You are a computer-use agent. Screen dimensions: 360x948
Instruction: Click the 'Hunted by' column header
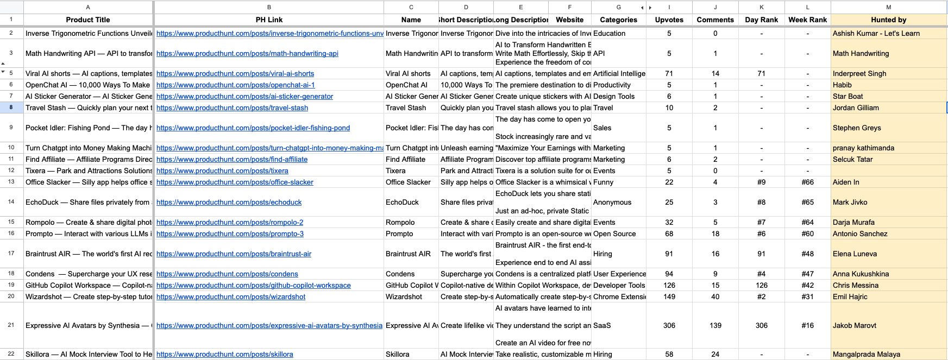point(888,20)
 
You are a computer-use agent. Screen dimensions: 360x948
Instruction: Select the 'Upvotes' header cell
point(669,20)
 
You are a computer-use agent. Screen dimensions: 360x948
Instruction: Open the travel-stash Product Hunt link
point(232,108)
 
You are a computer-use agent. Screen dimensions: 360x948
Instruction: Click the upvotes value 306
point(669,326)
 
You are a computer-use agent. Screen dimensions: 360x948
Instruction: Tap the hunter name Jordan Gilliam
point(856,108)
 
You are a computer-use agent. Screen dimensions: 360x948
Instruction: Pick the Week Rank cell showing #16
point(807,326)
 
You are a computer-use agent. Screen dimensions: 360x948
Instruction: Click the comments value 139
point(715,326)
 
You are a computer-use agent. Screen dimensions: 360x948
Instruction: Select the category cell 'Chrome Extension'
point(619,297)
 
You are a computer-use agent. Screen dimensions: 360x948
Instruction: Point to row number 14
point(11,202)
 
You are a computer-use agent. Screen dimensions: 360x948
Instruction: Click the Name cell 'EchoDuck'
point(402,203)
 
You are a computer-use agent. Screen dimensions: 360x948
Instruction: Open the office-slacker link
point(235,182)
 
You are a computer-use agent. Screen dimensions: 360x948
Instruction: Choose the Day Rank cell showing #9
point(761,182)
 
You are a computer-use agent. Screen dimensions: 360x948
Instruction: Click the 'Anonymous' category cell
point(612,203)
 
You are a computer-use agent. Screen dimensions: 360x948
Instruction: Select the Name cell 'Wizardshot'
point(404,297)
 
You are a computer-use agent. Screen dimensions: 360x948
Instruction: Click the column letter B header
point(269,7)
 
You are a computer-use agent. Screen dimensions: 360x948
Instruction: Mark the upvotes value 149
point(669,297)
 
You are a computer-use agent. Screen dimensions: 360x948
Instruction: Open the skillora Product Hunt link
point(224,355)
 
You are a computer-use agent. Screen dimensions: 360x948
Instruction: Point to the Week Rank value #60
point(807,234)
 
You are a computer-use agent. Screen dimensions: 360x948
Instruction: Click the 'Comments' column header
point(715,20)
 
